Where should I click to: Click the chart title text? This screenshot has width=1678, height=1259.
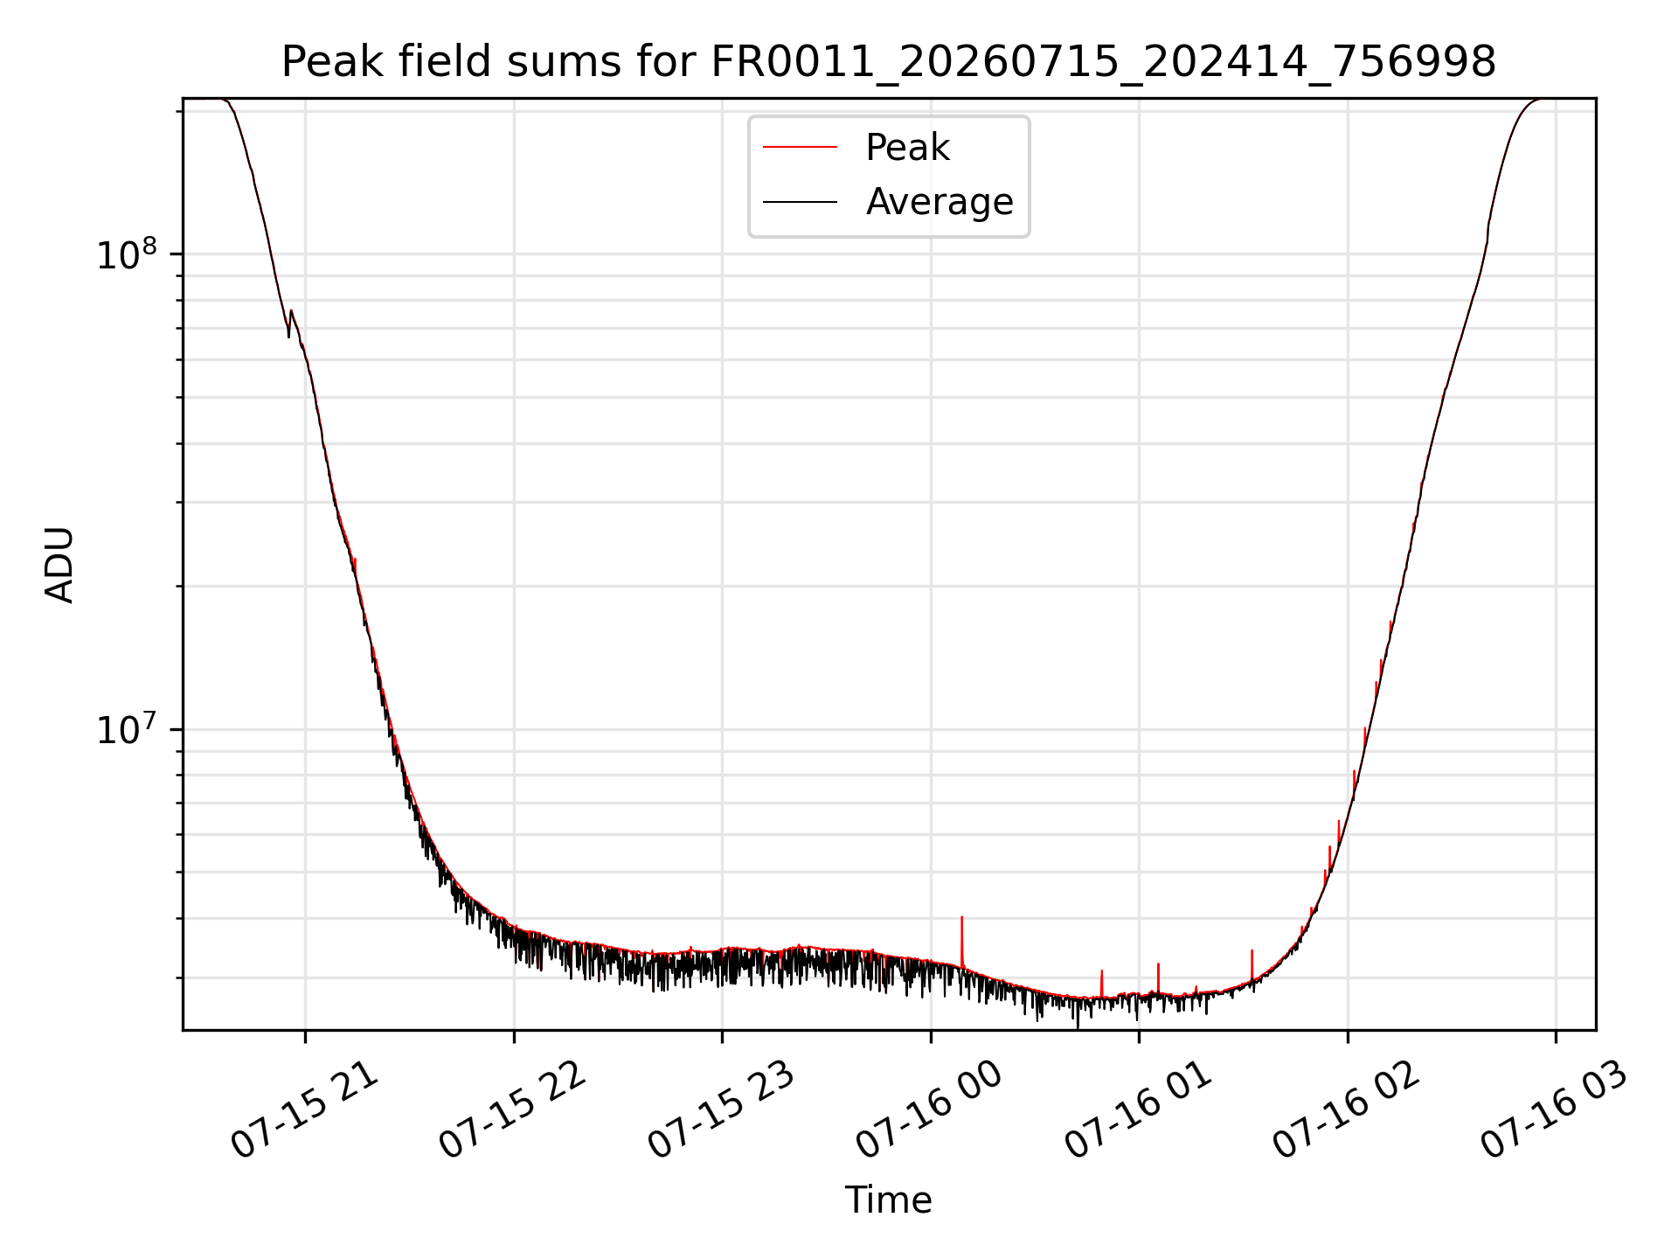(x=889, y=62)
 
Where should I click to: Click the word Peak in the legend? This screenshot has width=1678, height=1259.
(x=907, y=148)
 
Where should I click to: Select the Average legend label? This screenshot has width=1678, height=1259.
(x=940, y=202)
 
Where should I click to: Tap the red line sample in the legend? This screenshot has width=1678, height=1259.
(x=801, y=147)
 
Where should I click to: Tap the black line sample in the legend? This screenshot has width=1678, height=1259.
(x=801, y=202)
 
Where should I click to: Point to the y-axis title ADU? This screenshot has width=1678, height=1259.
(x=59, y=565)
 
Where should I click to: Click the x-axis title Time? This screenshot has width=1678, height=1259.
(x=889, y=1200)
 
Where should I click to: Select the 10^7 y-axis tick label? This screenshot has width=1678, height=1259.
(x=127, y=728)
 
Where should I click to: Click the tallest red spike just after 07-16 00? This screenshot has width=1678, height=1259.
(x=961, y=941)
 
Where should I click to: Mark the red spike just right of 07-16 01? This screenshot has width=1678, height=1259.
(x=1158, y=977)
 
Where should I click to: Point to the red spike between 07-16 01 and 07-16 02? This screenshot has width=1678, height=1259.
(x=1252, y=964)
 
